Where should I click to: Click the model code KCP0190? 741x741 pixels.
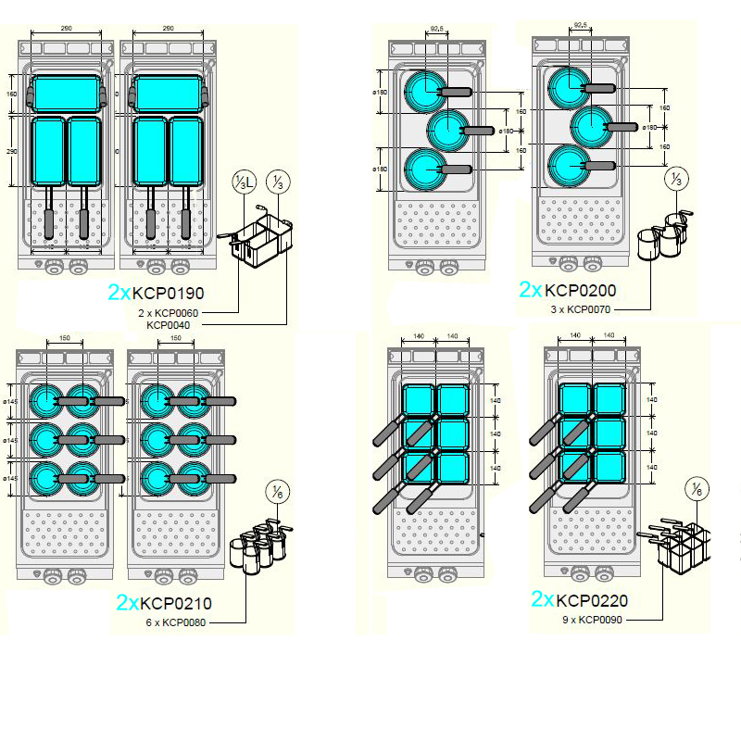coord(168,293)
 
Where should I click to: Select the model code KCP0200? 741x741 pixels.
coord(580,291)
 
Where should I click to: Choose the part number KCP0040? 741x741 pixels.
coord(170,325)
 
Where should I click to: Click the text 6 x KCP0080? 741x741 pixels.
coord(176,622)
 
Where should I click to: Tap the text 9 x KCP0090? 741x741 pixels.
coord(592,620)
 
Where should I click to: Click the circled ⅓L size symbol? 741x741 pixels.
coord(243,182)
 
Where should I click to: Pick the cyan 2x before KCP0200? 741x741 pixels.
coord(531,290)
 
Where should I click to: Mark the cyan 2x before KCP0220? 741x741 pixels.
coord(544,600)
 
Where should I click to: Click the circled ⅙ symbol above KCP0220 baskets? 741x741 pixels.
coord(697,488)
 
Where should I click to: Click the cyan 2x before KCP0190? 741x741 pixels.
coord(119,293)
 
